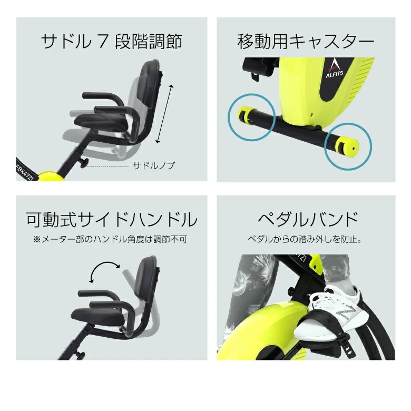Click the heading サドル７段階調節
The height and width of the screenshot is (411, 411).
pyautogui.click(x=112, y=42)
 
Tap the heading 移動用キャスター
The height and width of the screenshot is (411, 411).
pyautogui.click(x=306, y=42)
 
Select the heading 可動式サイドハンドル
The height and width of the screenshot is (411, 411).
pyautogui.click(x=112, y=219)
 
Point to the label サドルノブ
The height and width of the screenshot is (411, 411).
pyautogui.click(x=153, y=165)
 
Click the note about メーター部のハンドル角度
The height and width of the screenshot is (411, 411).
pyautogui.click(x=111, y=239)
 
